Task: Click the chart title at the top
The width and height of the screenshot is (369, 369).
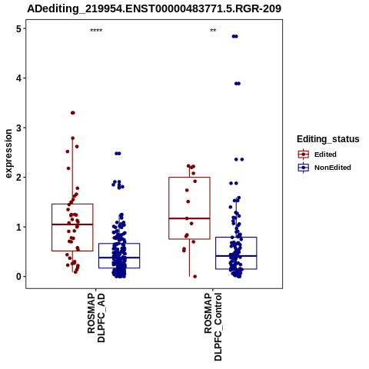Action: [155, 8]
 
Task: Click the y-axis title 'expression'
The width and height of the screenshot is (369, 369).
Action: [8, 154]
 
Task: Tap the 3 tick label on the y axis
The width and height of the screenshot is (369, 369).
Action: [18, 128]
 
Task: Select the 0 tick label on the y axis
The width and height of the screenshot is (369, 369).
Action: [18, 277]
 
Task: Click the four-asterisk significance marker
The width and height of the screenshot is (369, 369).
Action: [96, 31]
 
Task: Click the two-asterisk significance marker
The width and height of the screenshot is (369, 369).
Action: [213, 31]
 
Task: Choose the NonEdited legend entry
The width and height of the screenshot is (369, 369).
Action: [324, 168]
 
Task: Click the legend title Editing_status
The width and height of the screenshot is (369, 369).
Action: [328, 139]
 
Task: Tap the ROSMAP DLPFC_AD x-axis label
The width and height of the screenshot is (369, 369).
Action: [96, 317]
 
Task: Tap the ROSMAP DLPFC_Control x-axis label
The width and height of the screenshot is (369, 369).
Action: [213, 327]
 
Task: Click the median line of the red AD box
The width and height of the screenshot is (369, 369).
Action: [72, 224]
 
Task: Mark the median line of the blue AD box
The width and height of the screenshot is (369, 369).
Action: [119, 258]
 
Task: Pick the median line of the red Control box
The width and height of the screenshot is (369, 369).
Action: [189, 218]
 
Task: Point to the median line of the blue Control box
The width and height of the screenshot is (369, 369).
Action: [236, 256]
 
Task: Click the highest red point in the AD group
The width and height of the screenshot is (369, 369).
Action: [73, 113]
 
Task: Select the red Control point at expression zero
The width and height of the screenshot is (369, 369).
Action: [194, 277]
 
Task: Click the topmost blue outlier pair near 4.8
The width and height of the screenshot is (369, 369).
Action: [235, 36]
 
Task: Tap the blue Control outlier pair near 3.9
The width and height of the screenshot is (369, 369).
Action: [238, 84]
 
